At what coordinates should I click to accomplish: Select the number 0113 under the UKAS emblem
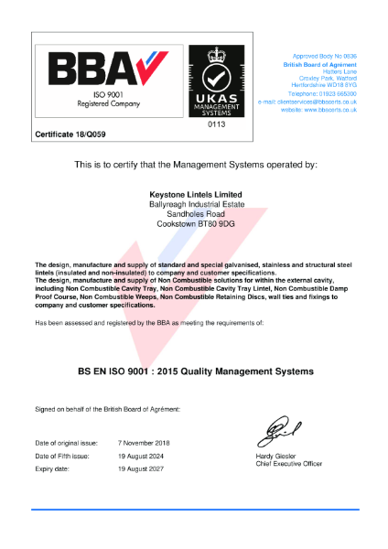217,123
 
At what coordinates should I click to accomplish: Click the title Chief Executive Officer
289,464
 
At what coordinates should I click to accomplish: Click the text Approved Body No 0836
324,56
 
